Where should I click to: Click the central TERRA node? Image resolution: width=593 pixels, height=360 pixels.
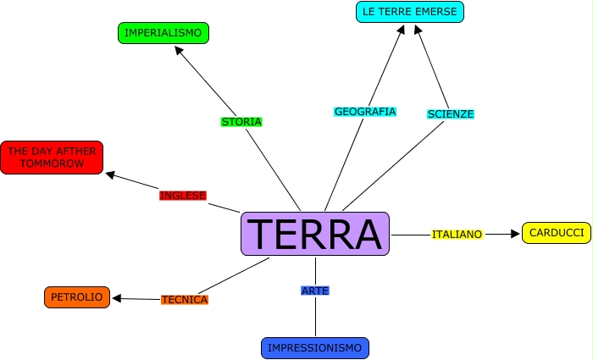pos(315,234)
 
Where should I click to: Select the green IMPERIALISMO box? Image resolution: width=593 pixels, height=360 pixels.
pos(163,33)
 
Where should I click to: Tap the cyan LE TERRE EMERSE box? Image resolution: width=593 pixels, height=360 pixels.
pos(410,12)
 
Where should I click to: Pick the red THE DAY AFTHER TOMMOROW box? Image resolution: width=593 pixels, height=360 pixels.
pos(51,158)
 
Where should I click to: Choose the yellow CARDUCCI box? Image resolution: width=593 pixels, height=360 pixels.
pos(556,233)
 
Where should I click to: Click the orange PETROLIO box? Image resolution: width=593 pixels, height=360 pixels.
pos(76,297)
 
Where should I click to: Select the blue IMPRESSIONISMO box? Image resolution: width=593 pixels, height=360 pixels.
pos(314,348)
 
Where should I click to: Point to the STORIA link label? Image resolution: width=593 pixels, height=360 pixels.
pos(241,122)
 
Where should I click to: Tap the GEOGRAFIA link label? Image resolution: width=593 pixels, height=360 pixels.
pos(365,112)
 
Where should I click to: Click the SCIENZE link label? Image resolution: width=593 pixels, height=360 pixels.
pos(451,114)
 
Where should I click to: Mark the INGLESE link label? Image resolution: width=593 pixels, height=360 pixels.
pos(183,196)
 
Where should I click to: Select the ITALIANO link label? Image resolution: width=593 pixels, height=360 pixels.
pos(457,234)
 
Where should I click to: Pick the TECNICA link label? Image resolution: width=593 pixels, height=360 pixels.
pos(184,300)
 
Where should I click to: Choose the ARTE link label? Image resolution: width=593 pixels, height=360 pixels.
pos(314,291)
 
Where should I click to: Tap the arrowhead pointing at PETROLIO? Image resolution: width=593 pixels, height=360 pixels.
pos(118,298)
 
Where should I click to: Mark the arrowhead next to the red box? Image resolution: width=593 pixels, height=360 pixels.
pos(110,175)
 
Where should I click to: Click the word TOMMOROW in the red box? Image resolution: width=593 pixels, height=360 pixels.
pos(51,163)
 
